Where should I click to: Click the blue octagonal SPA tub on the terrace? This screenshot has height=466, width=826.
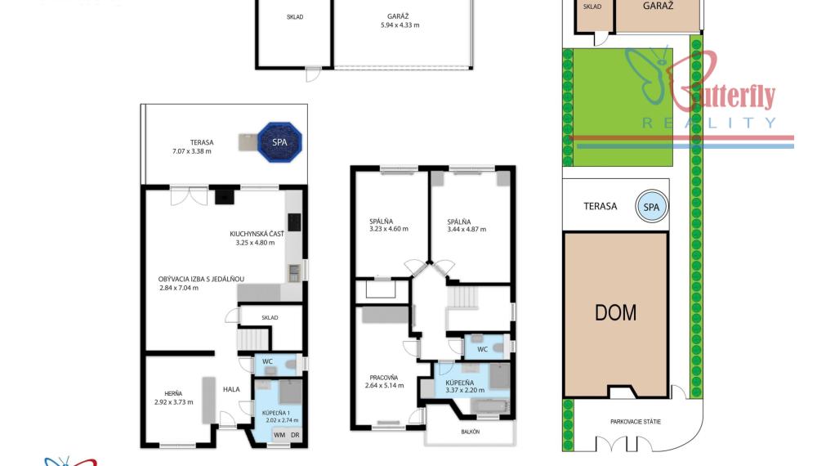click(279, 141)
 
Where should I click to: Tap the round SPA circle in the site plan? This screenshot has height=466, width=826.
click(652, 207)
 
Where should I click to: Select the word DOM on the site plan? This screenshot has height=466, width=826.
click(615, 312)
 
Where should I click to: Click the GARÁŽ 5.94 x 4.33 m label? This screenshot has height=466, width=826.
click(400, 20)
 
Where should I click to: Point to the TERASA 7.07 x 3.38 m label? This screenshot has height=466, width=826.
click(192, 146)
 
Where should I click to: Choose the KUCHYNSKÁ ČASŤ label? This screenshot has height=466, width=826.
click(257, 234)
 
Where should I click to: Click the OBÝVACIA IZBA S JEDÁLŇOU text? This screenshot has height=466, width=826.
click(201, 279)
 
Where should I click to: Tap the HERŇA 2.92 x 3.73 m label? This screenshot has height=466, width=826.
click(173, 397)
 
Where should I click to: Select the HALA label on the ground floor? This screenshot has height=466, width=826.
click(231, 389)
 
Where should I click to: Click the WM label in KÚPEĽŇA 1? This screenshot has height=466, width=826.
click(279, 435)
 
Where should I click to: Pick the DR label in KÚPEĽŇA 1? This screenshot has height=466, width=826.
click(295, 435)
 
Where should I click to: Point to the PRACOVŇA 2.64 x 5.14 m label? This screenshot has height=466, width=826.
click(384, 381)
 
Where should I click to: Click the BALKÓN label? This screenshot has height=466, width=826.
click(471, 432)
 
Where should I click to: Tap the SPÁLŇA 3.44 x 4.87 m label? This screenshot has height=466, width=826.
click(467, 226)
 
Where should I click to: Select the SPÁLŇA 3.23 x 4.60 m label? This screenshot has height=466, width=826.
click(389, 225)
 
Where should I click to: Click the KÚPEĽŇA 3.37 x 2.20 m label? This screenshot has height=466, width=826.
click(465, 387)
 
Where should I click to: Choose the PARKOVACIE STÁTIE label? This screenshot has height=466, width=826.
click(636, 422)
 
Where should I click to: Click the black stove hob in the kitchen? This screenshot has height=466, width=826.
click(294, 222)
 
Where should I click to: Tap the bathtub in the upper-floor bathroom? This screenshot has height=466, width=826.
click(490, 406)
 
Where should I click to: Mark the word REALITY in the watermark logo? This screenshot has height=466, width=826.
click(709, 123)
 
